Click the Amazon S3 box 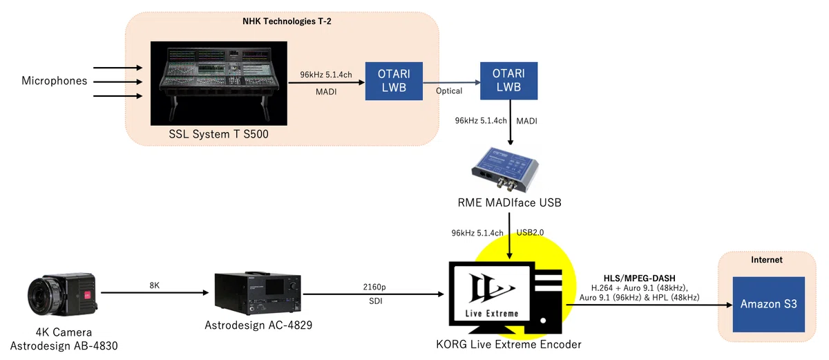tap(769, 304)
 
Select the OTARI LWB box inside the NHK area tap(394, 81)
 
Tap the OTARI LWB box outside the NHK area tap(509, 81)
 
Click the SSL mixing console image tap(219, 83)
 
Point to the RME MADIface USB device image tap(505, 170)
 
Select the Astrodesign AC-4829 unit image tap(258, 294)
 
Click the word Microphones tap(55, 81)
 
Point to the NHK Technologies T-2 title tap(287, 21)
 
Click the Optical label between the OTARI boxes tap(449, 91)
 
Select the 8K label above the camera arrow tap(154, 285)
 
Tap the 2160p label tap(374, 287)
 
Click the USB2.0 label tap(530, 232)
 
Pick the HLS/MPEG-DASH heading tap(640, 278)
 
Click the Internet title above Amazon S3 tap(767, 260)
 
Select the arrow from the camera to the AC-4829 tap(155, 293)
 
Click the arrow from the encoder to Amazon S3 tap(649, 305)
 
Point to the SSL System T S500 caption tap(219, 134)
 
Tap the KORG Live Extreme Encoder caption tap(508, 345)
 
